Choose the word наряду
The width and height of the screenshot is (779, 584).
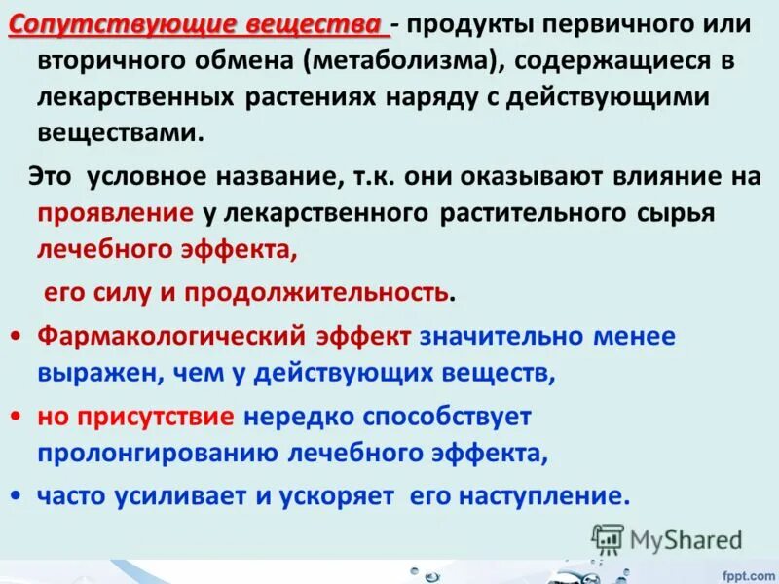coord(438,98)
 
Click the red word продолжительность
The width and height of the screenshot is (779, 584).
coord(317,291)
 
